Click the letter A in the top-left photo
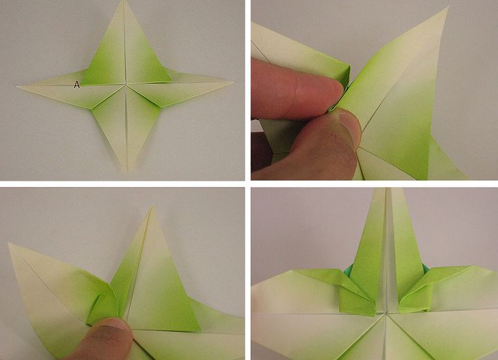click(77, 84)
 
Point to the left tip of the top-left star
click(18, 86)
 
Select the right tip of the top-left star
click(233, 82)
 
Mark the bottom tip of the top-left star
click(127, 171)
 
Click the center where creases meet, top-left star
click(126, 84)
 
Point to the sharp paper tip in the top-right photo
click(448, 8)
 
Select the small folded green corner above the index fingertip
click(344, 75)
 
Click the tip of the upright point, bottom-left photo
click(152, 208)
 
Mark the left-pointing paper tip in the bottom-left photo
click(10, 245)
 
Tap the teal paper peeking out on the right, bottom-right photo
click(426, 269)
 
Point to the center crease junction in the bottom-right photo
click(386, 313)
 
